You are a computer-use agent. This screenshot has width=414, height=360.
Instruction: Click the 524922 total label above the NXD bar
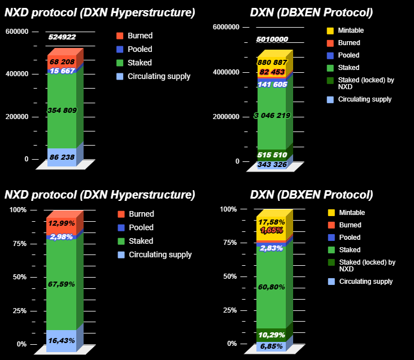(x=62, y=37)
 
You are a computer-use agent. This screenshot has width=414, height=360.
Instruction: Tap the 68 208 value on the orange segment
(x=62, y=62)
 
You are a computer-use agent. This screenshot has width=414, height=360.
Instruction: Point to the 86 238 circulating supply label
(x=62, y=157)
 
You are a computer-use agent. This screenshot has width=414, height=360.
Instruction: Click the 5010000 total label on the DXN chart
(x=272, y=39)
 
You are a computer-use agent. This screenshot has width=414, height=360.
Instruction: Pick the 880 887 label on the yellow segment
(x=272, y=63)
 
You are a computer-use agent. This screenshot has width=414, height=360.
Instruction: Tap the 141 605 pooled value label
(x=272, y=84)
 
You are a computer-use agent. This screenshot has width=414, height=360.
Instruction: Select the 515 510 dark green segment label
(x=272, y=155)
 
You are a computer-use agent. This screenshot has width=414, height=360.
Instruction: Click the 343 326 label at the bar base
(x=272, y=165)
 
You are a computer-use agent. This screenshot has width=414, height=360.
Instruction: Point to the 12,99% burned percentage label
(x=62, y=223)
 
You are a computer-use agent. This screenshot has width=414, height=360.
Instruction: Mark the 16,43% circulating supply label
(x=62, y=341)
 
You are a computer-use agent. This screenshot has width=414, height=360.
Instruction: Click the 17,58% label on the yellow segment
(x=272, y=222)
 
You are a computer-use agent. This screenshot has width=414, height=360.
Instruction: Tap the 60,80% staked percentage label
(x=272, y=287)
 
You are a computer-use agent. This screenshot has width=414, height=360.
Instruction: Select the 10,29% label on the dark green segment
(x=272, y=335)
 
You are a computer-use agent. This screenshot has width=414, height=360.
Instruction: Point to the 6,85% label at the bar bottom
(x=272, y=346)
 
